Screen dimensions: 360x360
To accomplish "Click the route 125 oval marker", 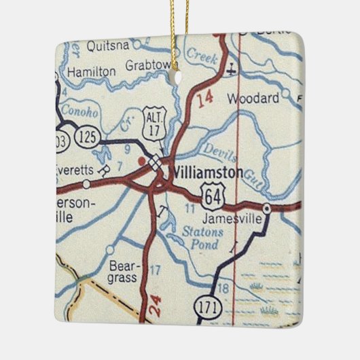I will pos(87,137).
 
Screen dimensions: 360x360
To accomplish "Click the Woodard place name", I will pos(253,99).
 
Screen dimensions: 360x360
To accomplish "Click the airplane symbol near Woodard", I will pos(232,68).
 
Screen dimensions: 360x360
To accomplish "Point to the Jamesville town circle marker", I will pos(268,208).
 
